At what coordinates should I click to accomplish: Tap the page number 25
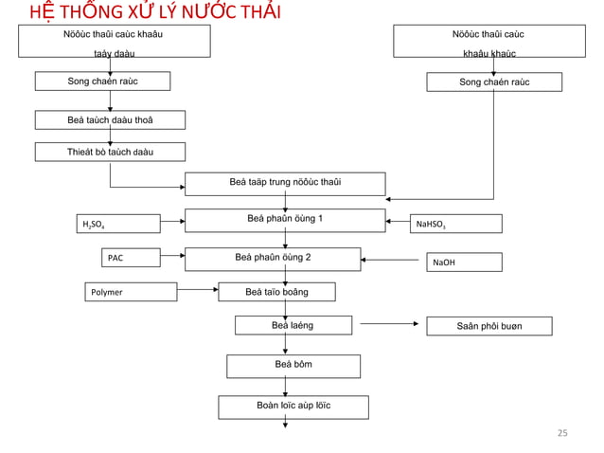click(561, 433)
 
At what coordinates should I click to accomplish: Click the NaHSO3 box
click(455, 224)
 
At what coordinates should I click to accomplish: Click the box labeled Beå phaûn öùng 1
click(285, 220)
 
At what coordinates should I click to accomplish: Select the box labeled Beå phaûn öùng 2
click(273, 258)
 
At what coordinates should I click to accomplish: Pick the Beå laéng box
click(293, 326)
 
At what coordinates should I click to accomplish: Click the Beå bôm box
click(293, 365)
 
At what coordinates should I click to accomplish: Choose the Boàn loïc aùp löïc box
click(293, 407)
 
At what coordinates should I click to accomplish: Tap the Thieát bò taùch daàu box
click(110, 152)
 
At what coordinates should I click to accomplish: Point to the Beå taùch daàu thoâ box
click(110, 119)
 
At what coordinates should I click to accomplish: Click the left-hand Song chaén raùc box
click(102, 82)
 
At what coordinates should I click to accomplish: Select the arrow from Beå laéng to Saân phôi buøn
click(390, 324)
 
